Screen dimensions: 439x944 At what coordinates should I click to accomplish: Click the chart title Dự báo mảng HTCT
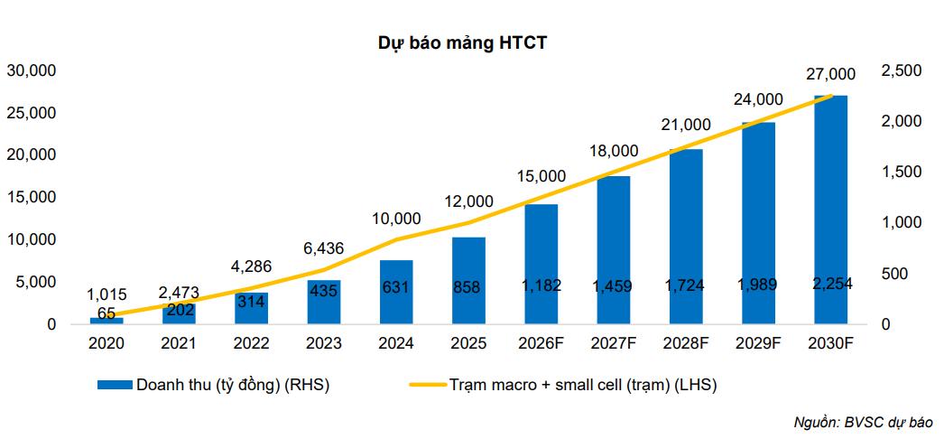461,43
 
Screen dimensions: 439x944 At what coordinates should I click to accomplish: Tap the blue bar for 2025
468,280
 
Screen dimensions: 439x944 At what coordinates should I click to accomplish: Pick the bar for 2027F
614,249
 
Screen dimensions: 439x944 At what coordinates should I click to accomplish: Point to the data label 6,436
323,247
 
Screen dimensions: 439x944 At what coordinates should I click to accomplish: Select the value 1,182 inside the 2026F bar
541,285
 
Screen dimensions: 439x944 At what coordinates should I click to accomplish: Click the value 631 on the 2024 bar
396,288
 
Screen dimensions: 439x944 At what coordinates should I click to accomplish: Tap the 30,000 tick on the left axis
32,70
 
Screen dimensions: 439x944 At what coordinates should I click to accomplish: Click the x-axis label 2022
251,343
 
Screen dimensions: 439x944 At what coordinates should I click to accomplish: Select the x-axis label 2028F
686,343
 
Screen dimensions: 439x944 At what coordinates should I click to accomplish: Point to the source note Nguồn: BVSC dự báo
863,422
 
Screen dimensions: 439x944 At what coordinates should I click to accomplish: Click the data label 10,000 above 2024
396,218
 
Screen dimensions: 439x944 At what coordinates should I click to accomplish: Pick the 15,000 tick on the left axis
32,197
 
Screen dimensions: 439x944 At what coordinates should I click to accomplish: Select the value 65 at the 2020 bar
106,313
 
